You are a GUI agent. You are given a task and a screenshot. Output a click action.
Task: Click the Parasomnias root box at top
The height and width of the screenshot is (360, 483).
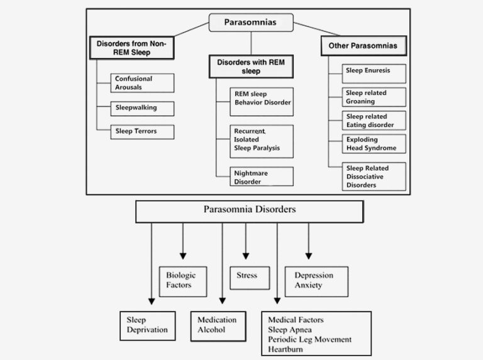[x=250, y=23]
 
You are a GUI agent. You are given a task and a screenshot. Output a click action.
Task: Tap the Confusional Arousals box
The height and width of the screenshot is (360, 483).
[x=142, y=82]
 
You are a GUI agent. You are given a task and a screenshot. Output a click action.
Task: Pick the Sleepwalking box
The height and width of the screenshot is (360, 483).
[x=142, y=108]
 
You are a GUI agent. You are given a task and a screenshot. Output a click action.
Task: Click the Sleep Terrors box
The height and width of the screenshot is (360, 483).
[x=142, y=132]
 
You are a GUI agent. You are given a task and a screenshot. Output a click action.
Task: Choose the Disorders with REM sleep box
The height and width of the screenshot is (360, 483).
[x=250, y=66]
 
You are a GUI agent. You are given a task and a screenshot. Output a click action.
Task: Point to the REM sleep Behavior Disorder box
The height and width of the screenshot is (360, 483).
[x=261, y=101]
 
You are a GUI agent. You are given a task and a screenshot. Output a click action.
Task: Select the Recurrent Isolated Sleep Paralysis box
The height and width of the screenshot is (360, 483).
[x=261, y=142]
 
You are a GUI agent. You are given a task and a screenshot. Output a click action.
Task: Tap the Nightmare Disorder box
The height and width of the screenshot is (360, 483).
[x=261, y=176]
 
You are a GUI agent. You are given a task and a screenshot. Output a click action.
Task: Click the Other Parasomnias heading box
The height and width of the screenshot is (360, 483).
[x=364, y=46]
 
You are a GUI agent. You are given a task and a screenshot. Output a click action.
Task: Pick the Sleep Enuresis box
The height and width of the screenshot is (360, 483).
[x=374, y=73]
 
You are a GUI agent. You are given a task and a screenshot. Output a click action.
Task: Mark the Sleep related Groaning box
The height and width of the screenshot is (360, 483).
[x=374, y=97]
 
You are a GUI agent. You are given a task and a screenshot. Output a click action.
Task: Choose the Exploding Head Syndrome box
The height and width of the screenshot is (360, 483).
[x=374, y=143]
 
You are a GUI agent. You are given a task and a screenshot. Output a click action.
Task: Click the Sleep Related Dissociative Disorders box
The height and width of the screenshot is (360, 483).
[x=374, y=177]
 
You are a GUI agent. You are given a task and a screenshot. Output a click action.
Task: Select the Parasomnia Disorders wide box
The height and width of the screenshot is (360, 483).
[x=249, y=211]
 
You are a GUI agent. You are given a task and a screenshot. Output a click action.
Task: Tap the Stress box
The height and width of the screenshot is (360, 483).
[x=247, y=277]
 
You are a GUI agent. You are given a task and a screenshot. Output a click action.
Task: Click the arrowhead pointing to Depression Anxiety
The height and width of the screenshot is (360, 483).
[x=308, y=255]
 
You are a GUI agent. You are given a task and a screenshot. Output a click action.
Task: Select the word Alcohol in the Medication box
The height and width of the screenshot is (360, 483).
[x=211, y=329]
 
